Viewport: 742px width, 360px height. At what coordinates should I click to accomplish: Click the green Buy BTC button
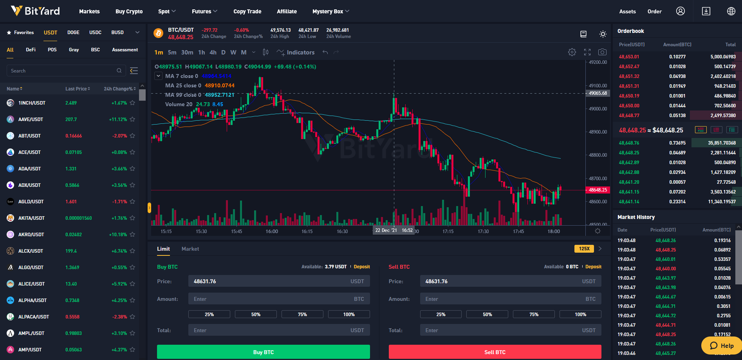(x=263, y=352)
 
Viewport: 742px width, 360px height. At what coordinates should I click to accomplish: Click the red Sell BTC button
(x=495, y=352)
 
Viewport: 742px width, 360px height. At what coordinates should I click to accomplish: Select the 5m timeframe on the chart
(x=172, y=52)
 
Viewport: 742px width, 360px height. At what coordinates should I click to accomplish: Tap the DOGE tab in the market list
(x=73, y=33)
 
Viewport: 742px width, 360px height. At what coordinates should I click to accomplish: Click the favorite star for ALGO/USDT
(x=132, y=268)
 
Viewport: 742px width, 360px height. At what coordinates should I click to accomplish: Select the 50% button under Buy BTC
(x=256, y=314)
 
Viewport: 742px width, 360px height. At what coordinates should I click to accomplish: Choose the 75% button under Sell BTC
(x=534, y=314)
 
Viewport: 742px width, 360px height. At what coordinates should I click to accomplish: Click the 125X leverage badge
(x=584, y=249)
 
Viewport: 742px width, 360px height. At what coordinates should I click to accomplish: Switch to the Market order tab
(x=190, y=249)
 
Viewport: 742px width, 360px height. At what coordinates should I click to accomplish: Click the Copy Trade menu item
(x=247, y=11)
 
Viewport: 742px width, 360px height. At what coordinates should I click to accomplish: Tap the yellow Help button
(x=722, y=346)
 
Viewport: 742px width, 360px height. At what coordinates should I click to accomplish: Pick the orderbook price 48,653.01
(x=629, y=57)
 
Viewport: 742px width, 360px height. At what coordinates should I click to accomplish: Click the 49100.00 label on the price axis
(x=598, y=86)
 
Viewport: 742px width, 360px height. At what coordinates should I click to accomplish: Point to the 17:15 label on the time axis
(x=448, y=232)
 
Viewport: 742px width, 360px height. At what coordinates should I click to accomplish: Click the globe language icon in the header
(x=731, y=11)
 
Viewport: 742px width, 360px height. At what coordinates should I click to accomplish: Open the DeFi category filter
(x=31, y=50)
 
